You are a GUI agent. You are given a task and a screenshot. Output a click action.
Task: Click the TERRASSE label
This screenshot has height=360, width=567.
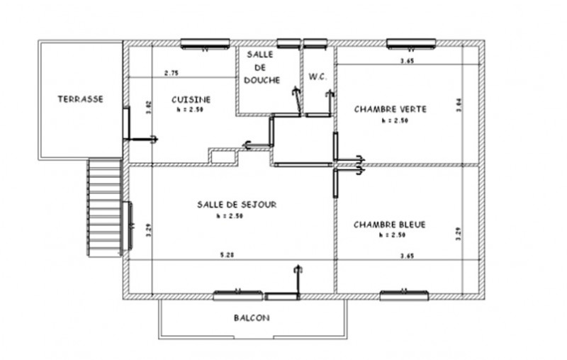(x=80, y=99)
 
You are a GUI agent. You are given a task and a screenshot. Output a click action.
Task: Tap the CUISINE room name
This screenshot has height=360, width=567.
(x=191, y=100)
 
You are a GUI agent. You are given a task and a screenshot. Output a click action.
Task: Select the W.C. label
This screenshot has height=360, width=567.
(x=317, y=77)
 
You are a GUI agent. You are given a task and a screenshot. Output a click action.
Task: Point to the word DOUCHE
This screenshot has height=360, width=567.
(x=262, y=80)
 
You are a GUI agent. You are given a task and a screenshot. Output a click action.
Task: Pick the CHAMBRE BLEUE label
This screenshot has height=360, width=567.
(x=389, y=225)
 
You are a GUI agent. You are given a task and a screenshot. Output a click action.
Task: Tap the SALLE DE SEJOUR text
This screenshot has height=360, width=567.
(x=237, y=204)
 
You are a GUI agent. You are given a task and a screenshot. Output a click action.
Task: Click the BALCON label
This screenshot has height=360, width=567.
(x=251, y=318)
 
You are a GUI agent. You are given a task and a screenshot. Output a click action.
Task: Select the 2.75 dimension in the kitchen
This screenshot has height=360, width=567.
(x=171, y=73)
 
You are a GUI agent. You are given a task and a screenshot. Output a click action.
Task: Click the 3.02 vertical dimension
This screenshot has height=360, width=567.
(x=148, y=107)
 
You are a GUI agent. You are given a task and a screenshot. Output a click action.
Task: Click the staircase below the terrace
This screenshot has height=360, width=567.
(x=103, y=207)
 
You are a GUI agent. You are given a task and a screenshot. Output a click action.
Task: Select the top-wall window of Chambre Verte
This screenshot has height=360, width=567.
(x=410, y=44)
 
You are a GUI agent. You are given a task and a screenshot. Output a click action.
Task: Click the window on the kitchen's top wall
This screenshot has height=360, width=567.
(x=204, y=44)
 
